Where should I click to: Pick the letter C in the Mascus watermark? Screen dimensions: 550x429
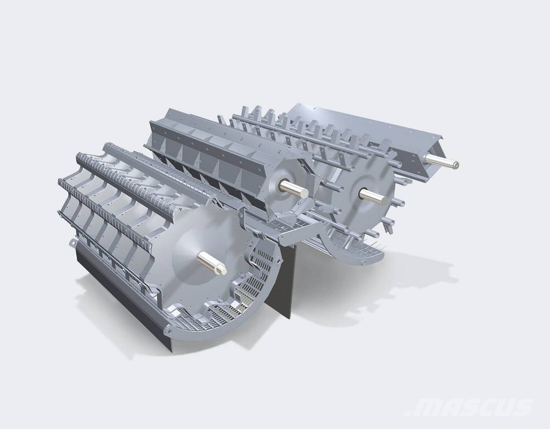click(x=488, y=407)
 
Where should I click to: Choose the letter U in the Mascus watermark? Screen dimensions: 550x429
click(x=505, y=407)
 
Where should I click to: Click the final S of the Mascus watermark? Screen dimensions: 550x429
click(x=523, y=407)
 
